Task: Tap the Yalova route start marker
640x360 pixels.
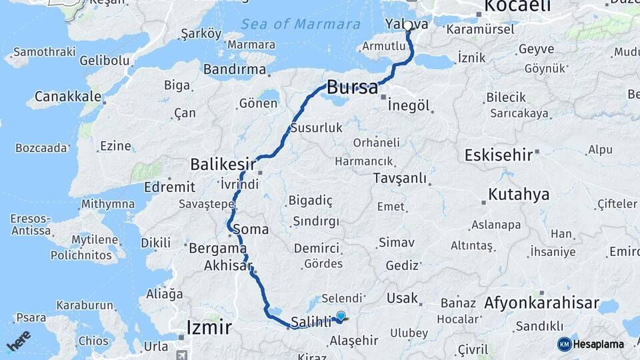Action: point(407,26)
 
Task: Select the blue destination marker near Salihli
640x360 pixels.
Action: point(341,317)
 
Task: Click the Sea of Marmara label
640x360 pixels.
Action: point(301,24)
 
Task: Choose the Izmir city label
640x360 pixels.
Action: point(209,327)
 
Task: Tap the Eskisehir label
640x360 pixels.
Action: point(498,155)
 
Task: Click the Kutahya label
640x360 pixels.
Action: point(519,195)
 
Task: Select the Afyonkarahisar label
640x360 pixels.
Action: point(541,303)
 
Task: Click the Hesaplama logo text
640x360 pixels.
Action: point(599,344)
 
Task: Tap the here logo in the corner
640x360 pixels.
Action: point(18,340)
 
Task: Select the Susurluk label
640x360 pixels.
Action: point(317,127)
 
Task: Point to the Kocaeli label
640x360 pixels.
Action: point(517,6)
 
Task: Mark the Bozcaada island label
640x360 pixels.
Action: point(41,147)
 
